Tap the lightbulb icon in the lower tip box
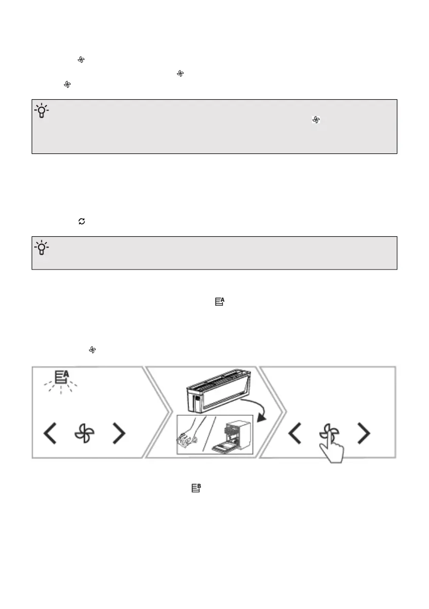pyautogui.click(x=41, y=248)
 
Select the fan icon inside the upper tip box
pyautogui.click(x=316, y=120)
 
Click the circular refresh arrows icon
pyautogui.click(x=81, y=221)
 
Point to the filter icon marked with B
pyautogui.click(x=195, y=488)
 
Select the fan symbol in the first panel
pyautogui.click(x=85, y=434)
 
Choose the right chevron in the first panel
pyautogui.click(x=119, y=434)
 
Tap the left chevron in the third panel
pyautogui.click(x=294, y=434)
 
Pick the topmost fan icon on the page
pyautogui.click(x=80, y=60)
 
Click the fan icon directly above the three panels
pyautogui.click(x=93, y=350)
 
